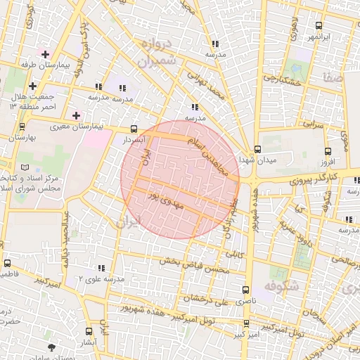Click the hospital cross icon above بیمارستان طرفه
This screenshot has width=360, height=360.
coord(46,53)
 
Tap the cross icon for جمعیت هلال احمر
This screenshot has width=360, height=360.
coord(32,86)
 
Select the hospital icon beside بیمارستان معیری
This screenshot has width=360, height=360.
coord(76,115)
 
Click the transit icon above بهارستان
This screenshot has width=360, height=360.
coord(22,128)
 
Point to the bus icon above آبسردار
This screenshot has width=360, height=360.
coord(134,129)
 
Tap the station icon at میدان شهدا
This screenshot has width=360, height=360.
coord(257,149)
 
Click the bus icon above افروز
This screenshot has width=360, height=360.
coord(328,151)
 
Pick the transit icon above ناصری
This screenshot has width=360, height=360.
coord(245,290)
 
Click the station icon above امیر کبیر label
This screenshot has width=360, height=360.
coord(245,323)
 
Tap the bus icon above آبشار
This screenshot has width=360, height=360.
coord(88,330)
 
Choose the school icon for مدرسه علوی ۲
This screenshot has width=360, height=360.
coord(102,268)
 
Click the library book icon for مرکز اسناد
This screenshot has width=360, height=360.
coord(26,167)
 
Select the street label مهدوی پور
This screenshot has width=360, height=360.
coord(165,199)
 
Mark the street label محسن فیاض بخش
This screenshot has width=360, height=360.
coord(195,266)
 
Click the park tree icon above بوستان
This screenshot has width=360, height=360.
coord(51,347)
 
